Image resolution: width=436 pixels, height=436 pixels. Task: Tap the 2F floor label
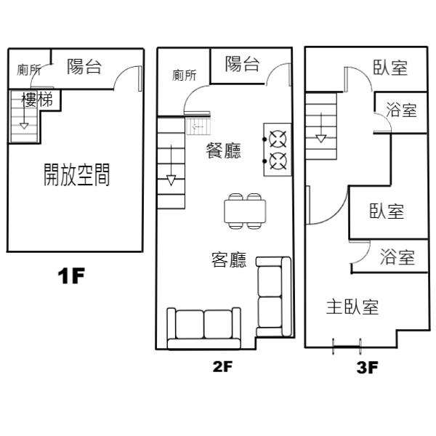[222, 366]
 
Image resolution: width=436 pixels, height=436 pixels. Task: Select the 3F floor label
[368, 367]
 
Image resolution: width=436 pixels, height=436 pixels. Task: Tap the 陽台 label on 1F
[84, 68]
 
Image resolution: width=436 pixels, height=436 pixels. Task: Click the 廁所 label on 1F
[29, 70]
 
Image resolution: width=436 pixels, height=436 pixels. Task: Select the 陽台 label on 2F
[243, 64]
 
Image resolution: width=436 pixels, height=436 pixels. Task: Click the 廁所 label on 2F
[185, 75]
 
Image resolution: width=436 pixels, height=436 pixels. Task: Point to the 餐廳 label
[224, 151]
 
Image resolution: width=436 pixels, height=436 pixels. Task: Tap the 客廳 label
[229, 260]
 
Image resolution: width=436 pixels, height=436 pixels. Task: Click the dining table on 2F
[245, 211]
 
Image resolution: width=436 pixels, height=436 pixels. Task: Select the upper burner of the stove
[277, 137]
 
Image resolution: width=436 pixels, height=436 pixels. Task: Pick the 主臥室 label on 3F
[352, 307]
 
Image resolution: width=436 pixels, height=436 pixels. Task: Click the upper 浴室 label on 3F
[401, 110]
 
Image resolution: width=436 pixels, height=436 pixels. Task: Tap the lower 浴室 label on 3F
[397, 257]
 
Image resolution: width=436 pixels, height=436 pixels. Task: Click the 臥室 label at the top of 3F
[390, 68]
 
